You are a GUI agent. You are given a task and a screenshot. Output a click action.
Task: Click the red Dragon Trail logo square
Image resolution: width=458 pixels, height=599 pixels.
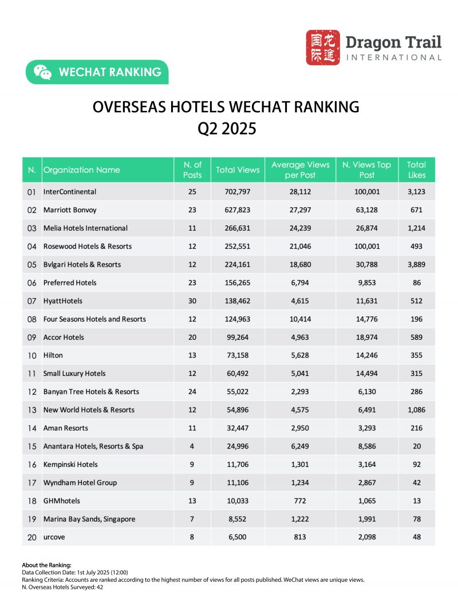click(x=323, y=47)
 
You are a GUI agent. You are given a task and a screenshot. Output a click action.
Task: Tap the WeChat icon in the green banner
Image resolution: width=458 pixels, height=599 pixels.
click(x=42, y=72)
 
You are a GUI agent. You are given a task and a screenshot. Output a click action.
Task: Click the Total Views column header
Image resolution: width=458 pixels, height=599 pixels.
click(x=238, y=170)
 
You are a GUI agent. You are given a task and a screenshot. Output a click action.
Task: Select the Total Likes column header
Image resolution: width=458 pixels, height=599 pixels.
click(x=416, y=170)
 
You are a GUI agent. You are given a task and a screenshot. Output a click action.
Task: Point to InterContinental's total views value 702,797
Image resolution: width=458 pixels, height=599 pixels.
click(x=238, y=192)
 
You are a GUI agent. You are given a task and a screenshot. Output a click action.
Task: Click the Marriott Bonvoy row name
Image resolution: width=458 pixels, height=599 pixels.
click(x=69, y=210)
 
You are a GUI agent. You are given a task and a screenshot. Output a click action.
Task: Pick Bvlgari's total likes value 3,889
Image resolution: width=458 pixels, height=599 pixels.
click(x=416, y=264)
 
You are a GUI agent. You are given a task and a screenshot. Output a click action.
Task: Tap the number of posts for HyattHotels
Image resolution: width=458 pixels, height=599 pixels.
click(x=192, y=301)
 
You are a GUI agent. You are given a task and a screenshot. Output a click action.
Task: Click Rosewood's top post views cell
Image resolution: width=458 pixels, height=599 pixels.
click(x=366, y=246)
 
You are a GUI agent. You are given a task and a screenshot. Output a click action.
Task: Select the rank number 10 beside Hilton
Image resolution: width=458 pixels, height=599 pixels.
click(x=32, y=355)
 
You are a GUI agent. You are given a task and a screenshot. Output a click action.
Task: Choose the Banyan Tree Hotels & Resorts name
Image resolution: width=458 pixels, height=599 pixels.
click(x=91, y=392)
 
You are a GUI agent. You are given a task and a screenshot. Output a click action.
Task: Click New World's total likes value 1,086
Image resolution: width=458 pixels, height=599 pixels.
click(x=416, y=410)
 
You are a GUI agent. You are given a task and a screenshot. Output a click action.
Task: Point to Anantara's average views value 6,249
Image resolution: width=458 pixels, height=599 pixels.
click(x=300, y=446)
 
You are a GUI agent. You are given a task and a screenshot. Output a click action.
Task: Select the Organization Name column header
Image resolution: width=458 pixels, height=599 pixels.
click(x=82, y=170)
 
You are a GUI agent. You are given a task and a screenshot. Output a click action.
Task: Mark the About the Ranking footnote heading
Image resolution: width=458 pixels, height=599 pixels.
click(x=46, y=565)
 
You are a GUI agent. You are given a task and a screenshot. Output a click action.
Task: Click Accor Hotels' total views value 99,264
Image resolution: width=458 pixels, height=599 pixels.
click(x=238, y=337)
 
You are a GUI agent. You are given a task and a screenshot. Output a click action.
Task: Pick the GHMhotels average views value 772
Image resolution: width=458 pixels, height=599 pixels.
click(x=300, y=501)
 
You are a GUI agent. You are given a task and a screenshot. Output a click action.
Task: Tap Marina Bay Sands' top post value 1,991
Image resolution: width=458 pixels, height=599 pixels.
click(x=366, y=519)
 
